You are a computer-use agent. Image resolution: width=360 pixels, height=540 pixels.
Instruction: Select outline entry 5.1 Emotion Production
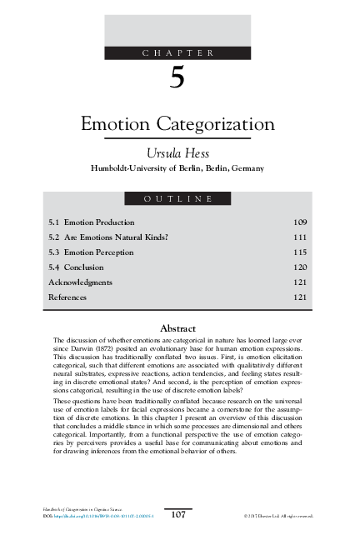click(92, 222)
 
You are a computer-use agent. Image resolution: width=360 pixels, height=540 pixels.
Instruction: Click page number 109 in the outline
click(300, 222)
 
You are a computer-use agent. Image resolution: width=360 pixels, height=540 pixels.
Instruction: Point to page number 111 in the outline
click(300, 237)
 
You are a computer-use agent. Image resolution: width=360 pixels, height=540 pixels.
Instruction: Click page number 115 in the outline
click(300, 252)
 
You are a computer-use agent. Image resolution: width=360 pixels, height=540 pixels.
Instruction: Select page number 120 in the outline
click(300, 267)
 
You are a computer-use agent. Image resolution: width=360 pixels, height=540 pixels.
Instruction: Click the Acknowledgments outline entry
click(80, 282)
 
